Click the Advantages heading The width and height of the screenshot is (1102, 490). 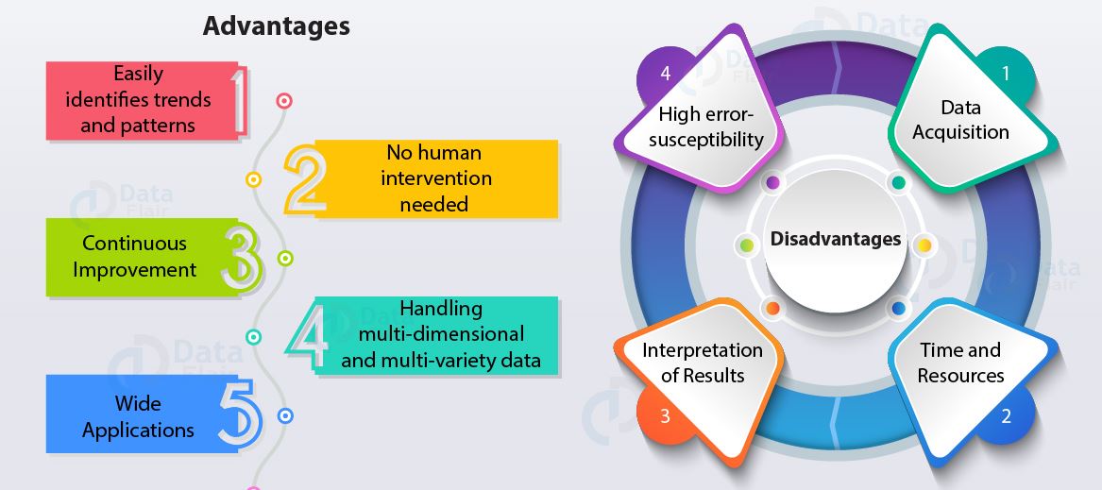tap(276, 26)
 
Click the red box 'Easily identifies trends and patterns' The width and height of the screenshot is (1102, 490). tap(138, 99)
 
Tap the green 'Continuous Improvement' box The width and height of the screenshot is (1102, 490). tap(135, 257)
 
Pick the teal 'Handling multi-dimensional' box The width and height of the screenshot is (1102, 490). tap(441, 334)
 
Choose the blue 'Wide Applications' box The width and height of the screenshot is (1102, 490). tap(138, 416)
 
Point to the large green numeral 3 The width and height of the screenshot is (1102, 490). tap(241, 256)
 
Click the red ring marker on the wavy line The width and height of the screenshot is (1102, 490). tap(283, 100)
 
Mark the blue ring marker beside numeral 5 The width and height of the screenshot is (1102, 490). tap(285, 415)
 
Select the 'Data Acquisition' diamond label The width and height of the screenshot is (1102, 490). tap(960, 120)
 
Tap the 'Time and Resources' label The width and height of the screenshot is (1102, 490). tap(960, 363)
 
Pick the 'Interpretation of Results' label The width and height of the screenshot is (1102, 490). tap(703, 363)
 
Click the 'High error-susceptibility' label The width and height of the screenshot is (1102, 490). tap(711, 127)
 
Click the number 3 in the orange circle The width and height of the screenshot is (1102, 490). tap(665, 415)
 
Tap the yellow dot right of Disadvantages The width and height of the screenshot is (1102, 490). tap(924, 245)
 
